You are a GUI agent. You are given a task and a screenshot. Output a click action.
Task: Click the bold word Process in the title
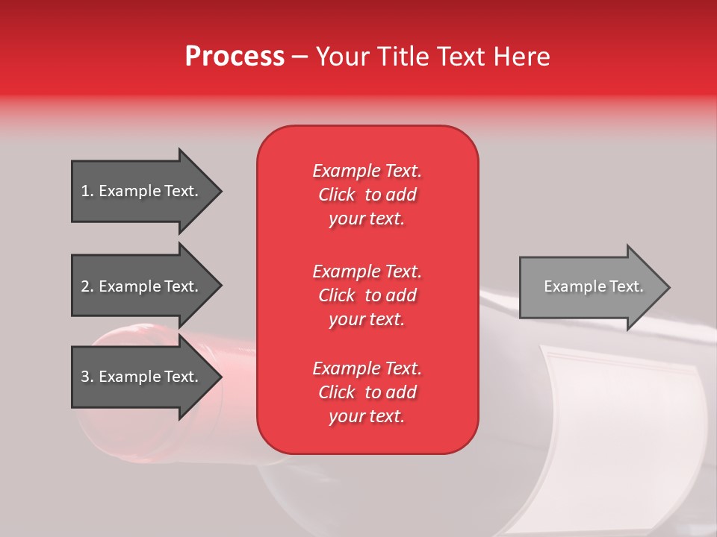point(235,57)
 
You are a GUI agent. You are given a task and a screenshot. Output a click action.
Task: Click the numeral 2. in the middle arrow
point(87,286)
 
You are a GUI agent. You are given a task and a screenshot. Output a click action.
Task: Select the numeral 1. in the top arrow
point(87,191)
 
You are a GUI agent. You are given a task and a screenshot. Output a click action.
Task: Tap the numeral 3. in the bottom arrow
point(87,377)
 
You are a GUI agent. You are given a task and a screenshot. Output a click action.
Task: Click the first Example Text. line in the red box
point(367,171)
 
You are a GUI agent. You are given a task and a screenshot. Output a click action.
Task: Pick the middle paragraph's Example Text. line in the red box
point(367,271)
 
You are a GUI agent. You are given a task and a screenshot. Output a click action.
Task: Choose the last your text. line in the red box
point(367,417)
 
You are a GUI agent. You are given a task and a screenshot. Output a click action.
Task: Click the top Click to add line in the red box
point(367,195)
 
